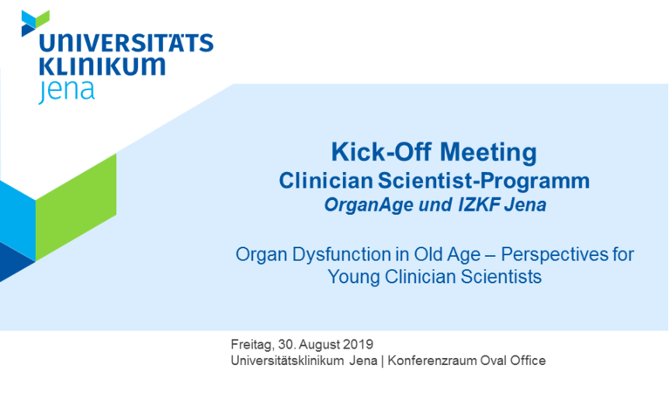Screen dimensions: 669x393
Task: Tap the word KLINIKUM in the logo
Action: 102,66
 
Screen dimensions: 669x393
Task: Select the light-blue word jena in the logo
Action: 66,90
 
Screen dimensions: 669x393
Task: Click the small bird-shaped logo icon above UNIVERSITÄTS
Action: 36,23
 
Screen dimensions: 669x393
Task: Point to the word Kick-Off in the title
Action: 382,152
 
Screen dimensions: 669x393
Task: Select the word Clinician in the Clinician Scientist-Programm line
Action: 326,180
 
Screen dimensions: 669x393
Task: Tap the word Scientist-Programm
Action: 484,182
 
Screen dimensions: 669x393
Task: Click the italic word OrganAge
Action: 369,205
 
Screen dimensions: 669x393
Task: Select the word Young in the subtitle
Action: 354,277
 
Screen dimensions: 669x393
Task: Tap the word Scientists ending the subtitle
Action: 501,276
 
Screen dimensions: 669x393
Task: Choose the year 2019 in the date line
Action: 358,344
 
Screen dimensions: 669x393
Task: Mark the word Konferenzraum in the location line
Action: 432,361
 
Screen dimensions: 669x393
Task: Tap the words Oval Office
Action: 513,361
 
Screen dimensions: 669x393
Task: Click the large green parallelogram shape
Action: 76,207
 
